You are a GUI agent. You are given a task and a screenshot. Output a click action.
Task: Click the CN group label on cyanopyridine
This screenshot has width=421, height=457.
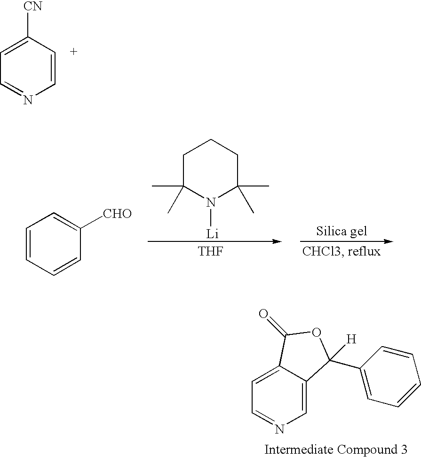[x=33, y=7]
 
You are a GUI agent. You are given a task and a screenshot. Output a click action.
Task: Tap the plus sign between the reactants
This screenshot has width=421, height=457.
[x=73, y=52]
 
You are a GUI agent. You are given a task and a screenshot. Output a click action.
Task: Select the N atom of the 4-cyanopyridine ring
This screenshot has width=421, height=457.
[x=28, y=100]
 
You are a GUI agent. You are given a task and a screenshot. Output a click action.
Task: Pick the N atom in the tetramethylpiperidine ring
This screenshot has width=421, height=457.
[x=211, y=203]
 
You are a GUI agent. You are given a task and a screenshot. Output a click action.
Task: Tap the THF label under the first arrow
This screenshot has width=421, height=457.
[x=211, y=252]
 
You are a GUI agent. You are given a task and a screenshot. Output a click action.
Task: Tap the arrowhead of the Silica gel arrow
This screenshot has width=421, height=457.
[x=389, y=241]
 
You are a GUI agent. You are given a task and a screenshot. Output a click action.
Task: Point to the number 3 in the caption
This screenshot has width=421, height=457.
[x=403, y=449]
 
